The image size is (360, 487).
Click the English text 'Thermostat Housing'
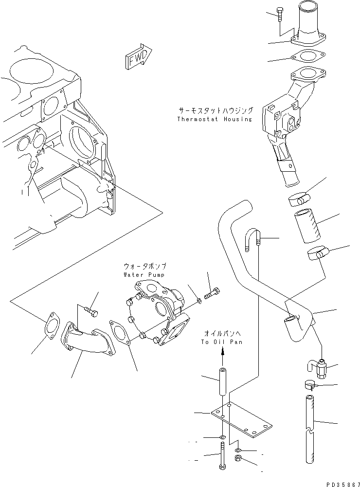[215, 119]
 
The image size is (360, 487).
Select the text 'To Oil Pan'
[222, 342]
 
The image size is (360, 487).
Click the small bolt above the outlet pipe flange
[281, 15]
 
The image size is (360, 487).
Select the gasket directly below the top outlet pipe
[306, 57]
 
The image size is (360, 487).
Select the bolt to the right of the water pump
[212, 294]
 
